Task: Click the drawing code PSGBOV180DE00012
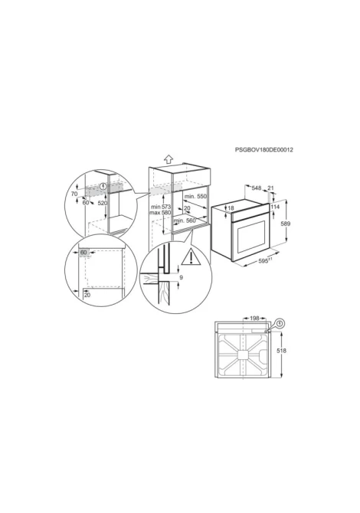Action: [x=263, y=150]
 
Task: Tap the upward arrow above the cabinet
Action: [x=168, y=159]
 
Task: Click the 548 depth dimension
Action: [x=257, y=188]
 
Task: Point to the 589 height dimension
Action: [x=286, y=224]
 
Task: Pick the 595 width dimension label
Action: [x=263, y=261]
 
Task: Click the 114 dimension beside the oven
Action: [x=275, y=207]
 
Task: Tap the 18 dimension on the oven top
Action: [x=231, y=208]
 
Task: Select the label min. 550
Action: [x=196, y=196]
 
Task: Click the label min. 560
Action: [x=185, y=221]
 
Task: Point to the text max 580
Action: [x=160, y=213]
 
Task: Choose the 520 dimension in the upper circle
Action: [x=103, y=203]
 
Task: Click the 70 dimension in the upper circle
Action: [x=74, y=194]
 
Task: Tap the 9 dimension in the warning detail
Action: [x=182, y=277]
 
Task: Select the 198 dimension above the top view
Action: [x=254, y=318]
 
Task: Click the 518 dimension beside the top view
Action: [x=281, y=351]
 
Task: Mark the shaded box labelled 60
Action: [x=83, y=252]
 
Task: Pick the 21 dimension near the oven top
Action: [x=270, y=188]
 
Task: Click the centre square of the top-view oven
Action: [x=243, y=355]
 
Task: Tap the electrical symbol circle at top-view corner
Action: [x=280, y=324]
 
